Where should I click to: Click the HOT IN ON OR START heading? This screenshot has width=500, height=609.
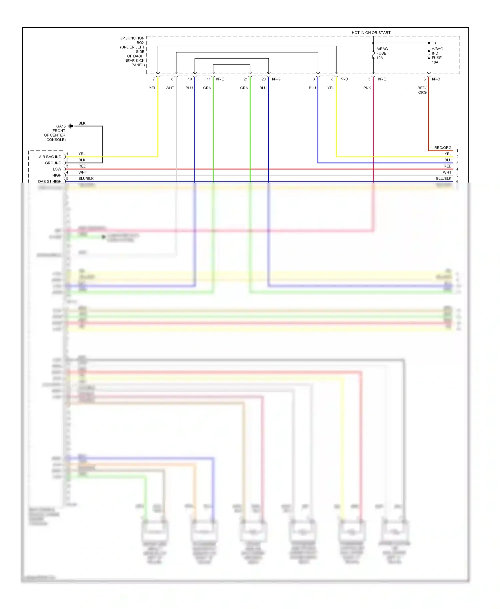371,33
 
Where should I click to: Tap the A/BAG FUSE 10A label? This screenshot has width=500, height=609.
382,53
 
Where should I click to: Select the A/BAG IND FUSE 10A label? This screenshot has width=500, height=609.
437,55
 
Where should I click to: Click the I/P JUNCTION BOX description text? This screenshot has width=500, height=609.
133,51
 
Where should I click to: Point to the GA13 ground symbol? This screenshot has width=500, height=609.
71,126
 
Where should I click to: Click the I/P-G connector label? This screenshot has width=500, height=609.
276,79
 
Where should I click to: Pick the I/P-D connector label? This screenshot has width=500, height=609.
344,79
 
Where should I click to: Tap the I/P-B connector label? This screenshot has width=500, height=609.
436,79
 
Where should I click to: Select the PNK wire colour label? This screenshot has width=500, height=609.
367,88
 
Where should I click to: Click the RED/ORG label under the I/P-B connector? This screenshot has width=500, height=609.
422,90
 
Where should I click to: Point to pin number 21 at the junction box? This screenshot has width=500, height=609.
245,79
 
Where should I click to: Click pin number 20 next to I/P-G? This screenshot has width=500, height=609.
264,79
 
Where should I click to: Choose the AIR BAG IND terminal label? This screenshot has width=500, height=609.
50,157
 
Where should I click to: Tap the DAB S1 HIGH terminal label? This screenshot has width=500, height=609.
50,182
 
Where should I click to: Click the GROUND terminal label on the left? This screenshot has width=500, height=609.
53,163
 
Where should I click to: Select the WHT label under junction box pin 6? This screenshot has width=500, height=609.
170,88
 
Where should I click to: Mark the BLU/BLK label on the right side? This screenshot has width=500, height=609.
443,179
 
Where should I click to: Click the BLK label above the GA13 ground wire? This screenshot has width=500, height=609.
82,123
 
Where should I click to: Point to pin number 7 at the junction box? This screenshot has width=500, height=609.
154,79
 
